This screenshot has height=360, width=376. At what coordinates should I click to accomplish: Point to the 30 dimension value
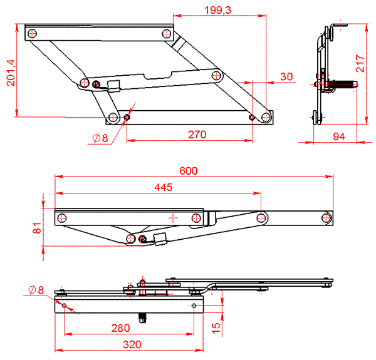click(x=286, y=76)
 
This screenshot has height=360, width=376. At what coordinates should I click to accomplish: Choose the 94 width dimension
click(x=338, y=136)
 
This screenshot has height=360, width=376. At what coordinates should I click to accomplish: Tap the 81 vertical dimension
click(x=37, y=228)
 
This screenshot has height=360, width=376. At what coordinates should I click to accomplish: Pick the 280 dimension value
click(x=120, y=327)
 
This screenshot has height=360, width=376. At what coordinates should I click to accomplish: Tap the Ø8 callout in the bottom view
click(x=36, y=290)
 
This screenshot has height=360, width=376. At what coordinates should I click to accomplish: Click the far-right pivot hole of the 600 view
click(x=325, y=217)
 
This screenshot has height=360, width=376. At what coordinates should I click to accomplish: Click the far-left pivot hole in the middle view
click(x=62, y=218)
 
